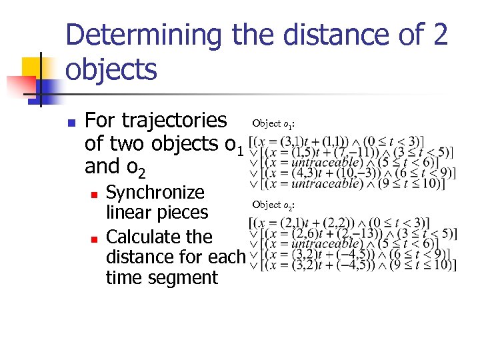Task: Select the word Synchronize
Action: [155, 193]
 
